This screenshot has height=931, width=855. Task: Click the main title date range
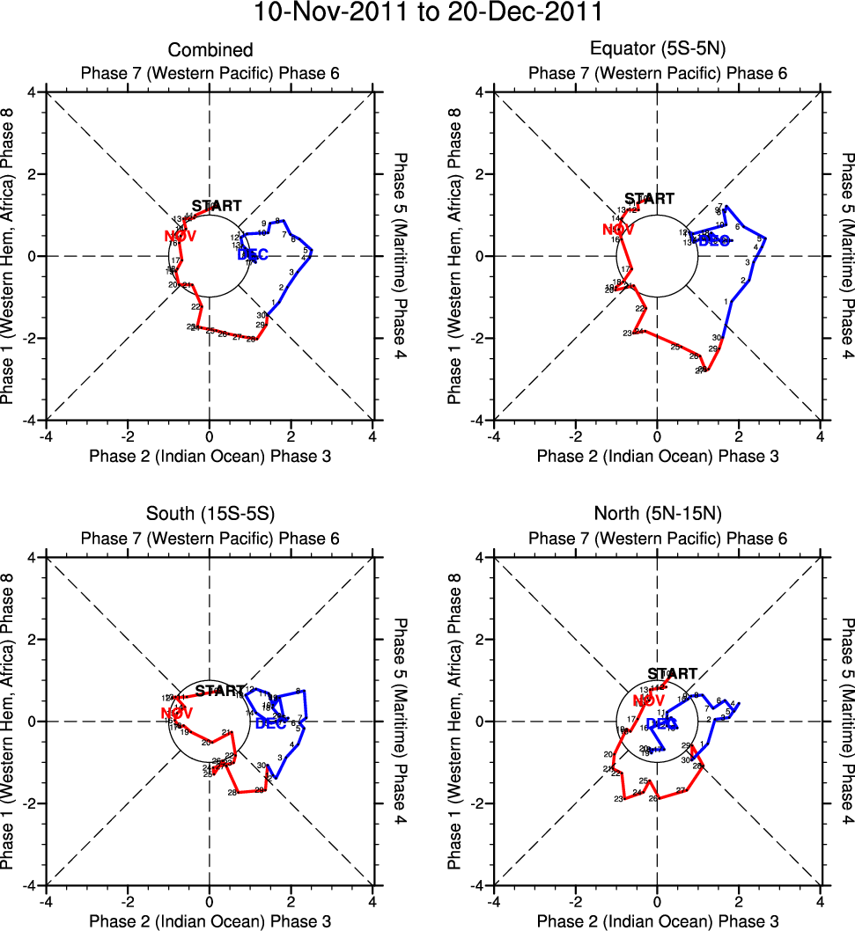(x=428, y=14)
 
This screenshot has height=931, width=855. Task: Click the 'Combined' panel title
(x=210, y=50)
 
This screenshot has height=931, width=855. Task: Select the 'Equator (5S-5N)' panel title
(x=657, y=50)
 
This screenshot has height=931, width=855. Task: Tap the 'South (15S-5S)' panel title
(x=210, y=516)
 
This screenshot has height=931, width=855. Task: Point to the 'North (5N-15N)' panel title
(x=657, y=516)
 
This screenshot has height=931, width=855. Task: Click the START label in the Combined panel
(x=217, y=206)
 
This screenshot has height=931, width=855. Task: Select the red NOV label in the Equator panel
(x=618, y=231)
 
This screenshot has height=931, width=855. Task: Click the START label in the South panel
(x=220, y=691)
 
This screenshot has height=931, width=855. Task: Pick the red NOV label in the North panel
(x=645, y=700)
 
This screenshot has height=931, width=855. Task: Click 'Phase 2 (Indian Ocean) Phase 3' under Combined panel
(x=210, y=456)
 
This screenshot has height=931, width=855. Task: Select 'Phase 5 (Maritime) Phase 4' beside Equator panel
(x=847, y=256)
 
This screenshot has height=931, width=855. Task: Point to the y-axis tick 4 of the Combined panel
(x=30, y=92)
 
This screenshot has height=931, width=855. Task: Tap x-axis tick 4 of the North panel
(x=821, y=901)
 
